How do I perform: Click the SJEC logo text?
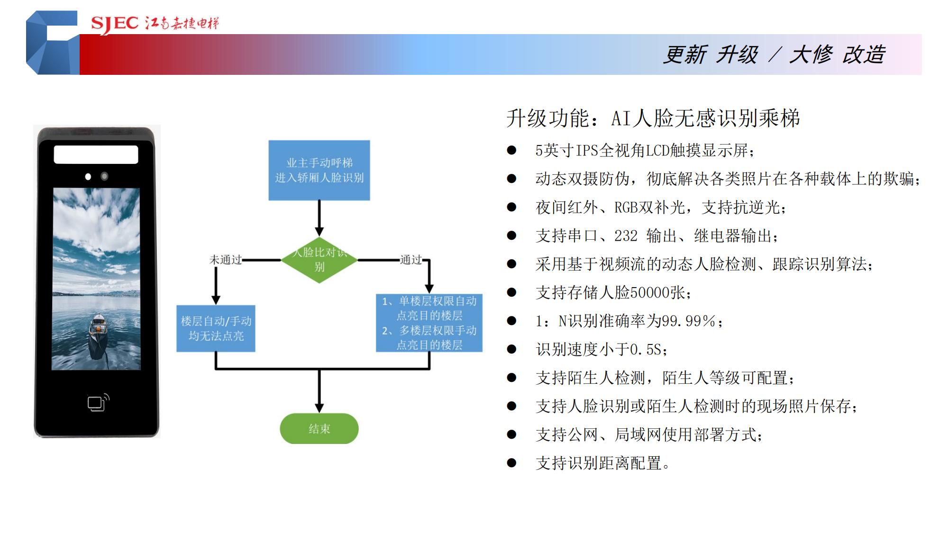click(x=114, y=23)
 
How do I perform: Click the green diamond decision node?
click(x=319, y=260)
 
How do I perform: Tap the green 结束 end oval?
click(x=319, y=428)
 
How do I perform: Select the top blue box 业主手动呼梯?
click(x=319, y=170)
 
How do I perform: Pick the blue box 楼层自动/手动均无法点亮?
click(x=216, y=328)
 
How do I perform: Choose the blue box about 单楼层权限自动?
click(x=429, y=323)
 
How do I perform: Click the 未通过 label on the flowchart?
click(x=226, y=260)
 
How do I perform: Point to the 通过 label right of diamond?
click(x=411, y=260)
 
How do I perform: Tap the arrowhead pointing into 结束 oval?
click(x=319, y=408)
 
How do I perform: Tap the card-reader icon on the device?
click(x=98, y=403)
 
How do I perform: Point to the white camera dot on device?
click(x=88, y=177)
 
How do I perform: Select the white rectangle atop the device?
click(x=96, y=154)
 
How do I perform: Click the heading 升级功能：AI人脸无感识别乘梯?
click(x=653, y=118)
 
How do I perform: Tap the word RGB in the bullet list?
click(x=626, y=208)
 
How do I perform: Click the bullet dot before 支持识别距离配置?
click(x=511, y=463)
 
